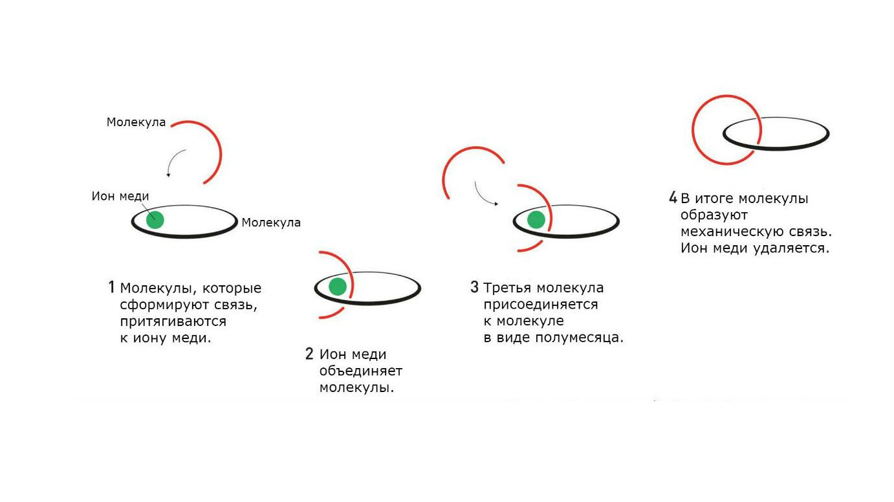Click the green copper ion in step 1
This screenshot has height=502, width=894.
coord(155,220)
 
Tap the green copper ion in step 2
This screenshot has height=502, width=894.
coord(338,287)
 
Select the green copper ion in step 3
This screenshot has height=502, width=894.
coord(536,219)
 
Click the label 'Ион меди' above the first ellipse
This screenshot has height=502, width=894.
coord(120,196)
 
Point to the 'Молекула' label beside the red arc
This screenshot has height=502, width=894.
coord(136,122)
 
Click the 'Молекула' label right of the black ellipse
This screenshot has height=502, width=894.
coord(271,223)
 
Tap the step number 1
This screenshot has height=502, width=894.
coord(112,287)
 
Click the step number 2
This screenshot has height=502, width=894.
coord(309,354)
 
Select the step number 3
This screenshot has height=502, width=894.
coord(474,287)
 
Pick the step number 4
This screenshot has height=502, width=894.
coord(673,197)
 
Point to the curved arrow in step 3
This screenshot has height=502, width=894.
coord(485,195)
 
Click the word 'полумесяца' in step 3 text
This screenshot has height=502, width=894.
coord(579,338)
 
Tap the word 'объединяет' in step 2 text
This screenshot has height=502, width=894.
coord(361,371)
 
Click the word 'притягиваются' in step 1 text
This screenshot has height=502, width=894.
coord(173,322)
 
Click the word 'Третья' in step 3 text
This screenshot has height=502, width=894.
coord(507,288)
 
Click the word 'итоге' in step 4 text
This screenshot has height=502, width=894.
coord(714,199)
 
